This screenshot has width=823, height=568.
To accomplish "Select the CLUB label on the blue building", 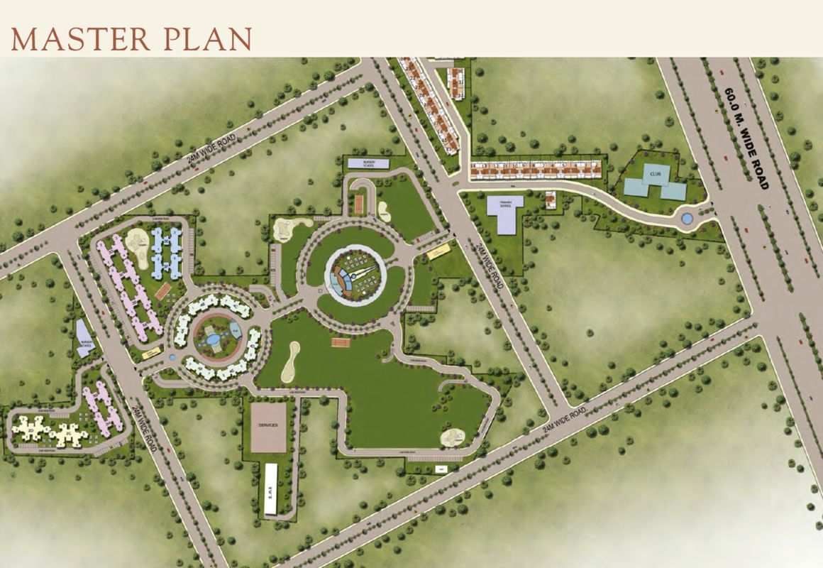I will click(652, 173).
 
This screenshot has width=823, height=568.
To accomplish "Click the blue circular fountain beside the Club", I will click(687, 218).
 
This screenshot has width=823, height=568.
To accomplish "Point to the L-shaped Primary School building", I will click(507, 213).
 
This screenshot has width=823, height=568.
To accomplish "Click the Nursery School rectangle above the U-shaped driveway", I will click(369, 163).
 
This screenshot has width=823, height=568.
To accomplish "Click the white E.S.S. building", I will click(270, 489).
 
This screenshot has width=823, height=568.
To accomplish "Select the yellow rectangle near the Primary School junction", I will click(438, 251).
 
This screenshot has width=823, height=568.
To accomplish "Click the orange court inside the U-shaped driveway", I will click(358, 204).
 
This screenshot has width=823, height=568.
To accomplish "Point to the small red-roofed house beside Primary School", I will click(551, 200).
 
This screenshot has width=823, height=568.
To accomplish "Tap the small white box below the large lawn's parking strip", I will click(441, 469).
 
